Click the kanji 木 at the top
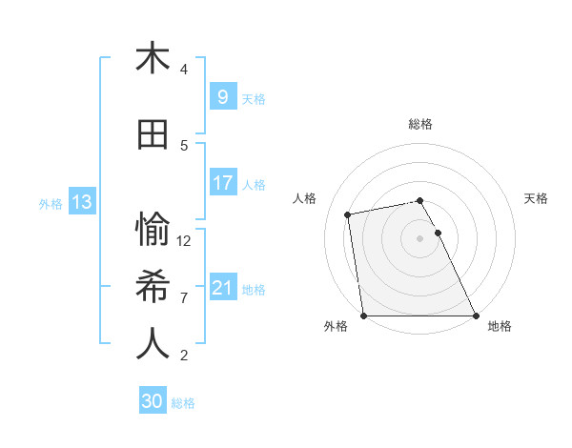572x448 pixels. (x=153, y=59)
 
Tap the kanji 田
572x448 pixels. (x=153, y=135)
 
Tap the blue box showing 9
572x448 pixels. (x=222, y=97)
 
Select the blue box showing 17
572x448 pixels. (x=222, y=183)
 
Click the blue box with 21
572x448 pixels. (x=222, y=288)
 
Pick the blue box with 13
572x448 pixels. (x=81, y=202)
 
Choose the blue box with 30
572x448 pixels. (x=153, y=401)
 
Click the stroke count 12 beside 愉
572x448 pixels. (x=184, y=241)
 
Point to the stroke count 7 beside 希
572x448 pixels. (x=184, y=298)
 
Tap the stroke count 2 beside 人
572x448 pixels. (x=184, y=356)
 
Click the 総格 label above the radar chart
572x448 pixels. (x=420, y=124)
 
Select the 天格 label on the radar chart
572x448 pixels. (x=537, y=198)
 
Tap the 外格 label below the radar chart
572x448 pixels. (x=336, y=326)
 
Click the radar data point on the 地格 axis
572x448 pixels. (x=475, y=315)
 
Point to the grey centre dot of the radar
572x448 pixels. (x=420, y=237)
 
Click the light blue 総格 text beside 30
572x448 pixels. (x=183, y=403)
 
